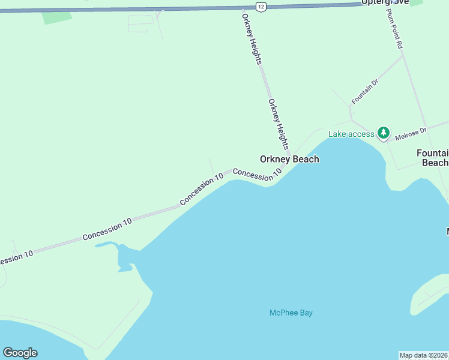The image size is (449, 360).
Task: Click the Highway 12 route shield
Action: [259, 6]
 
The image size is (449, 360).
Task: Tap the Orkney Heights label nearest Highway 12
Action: [252, 37]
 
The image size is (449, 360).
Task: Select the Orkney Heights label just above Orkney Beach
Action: [279, 124]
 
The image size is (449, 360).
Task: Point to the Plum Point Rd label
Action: [394, 28]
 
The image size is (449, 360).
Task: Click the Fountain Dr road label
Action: [365, 91]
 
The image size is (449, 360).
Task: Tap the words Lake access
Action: [351, 134]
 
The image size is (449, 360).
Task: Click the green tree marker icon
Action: [383, 133]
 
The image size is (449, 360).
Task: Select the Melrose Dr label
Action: [411, 133]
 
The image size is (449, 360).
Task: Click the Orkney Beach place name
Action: [289, 159]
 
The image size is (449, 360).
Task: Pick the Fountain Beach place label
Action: [433, 158]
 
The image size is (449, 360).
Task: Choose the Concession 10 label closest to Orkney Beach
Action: [257, 174]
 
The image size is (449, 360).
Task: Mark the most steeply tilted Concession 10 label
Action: [201, 189]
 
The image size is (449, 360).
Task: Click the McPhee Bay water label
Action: [291, 313]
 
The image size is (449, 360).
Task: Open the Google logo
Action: [20, 353]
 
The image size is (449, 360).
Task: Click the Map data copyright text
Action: [423, 355]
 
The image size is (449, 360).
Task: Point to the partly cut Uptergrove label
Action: [385, 2]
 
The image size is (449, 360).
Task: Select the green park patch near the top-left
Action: [56, 17]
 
